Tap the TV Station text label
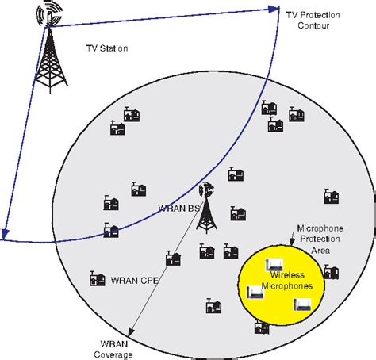(x=106, y=48)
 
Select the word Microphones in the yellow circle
(x=286, y=286)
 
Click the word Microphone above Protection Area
(x=320, y=228)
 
